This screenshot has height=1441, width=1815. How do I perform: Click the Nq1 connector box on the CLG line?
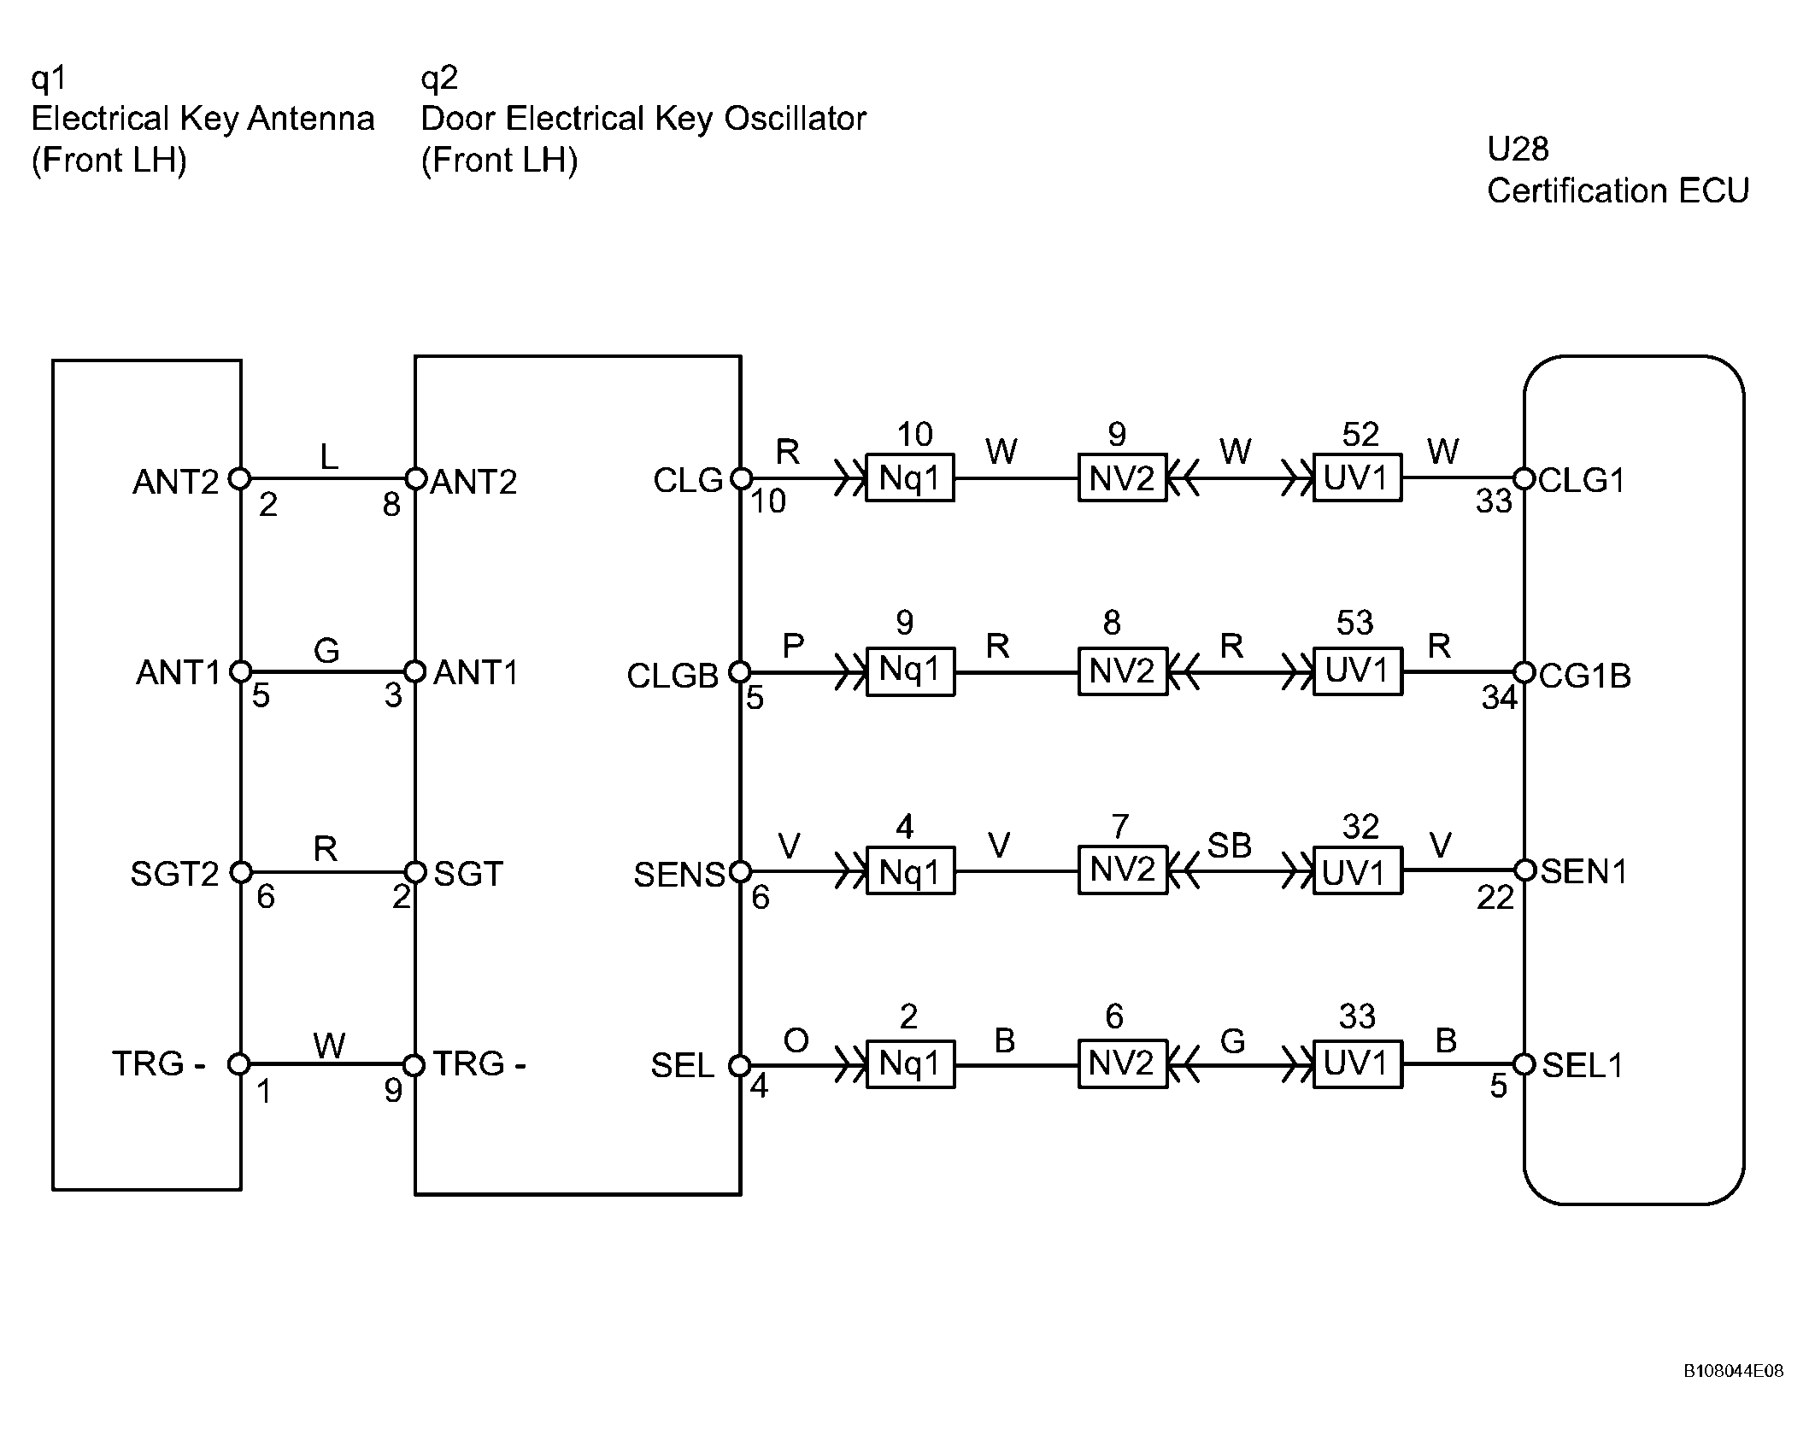point(909,478)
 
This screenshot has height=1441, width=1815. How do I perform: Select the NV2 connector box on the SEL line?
point(1122,1064)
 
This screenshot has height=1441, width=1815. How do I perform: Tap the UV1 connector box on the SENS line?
point(1357,871)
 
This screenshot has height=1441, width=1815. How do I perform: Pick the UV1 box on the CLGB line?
point(1357,671)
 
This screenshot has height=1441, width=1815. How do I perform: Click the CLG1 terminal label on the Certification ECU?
point(1581,481)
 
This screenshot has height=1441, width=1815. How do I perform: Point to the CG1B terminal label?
point(1585,676)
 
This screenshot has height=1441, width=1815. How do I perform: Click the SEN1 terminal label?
point(1583,871)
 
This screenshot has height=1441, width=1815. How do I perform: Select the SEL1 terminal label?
point(1582,1065)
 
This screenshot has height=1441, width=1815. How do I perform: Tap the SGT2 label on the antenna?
point(174,874)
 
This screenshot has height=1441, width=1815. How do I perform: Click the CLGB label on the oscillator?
point(673,676)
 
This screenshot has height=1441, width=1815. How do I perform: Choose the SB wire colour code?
point(1229,846)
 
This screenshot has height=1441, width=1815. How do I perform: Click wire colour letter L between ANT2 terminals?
point(329,457)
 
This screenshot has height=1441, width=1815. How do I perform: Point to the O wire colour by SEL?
point(796,1040)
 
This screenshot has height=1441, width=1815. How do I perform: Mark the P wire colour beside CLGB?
point(793,645)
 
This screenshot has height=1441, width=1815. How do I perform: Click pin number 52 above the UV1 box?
point(1360,435)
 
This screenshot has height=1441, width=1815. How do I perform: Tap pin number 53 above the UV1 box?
point(1354,623)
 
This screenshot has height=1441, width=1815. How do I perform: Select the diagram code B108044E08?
point(1733,1395)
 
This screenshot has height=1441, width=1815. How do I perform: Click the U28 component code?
point(1518,149)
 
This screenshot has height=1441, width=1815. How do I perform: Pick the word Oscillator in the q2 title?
point(795,118)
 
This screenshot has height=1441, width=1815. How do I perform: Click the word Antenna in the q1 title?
point(311,118)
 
